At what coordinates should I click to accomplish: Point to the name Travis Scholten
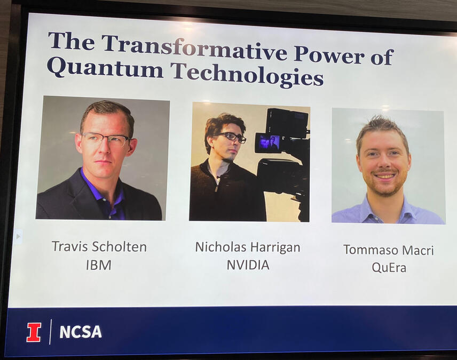tap(99, 246)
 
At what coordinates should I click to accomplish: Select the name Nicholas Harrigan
tap(247, 247)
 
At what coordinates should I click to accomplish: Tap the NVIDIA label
tap(247, 265)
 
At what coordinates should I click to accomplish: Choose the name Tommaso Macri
tap(388, 250)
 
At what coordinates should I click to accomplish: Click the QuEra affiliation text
tap(389, 268)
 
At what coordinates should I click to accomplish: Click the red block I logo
tap(34, 332)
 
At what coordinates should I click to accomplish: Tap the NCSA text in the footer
tap(80, 332)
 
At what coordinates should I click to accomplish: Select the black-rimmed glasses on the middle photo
tap(231, 137)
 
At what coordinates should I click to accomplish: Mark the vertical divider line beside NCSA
tap(50, 332)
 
